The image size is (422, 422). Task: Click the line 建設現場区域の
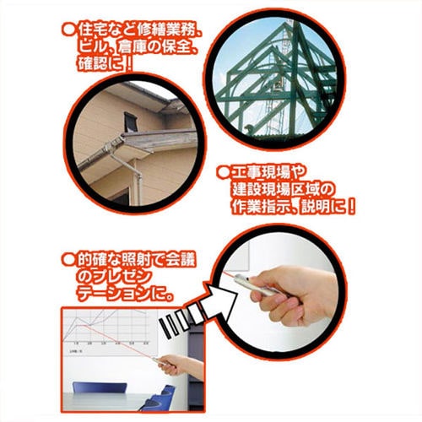[284, 187]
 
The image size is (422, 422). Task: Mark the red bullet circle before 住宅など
[68, 32]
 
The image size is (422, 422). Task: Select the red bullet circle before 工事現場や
[221, 171]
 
